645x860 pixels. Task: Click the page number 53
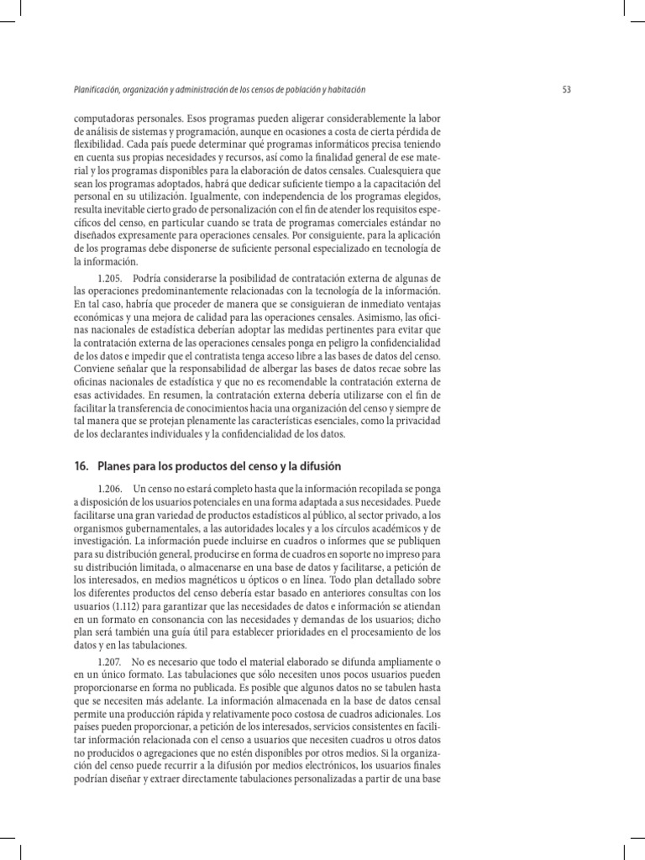pyautogui.click(x=566, y=90)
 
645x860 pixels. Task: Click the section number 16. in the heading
pyautogui.click(x=82, y=465)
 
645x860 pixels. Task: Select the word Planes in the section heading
pyautogui.click(x=115, y=465)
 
